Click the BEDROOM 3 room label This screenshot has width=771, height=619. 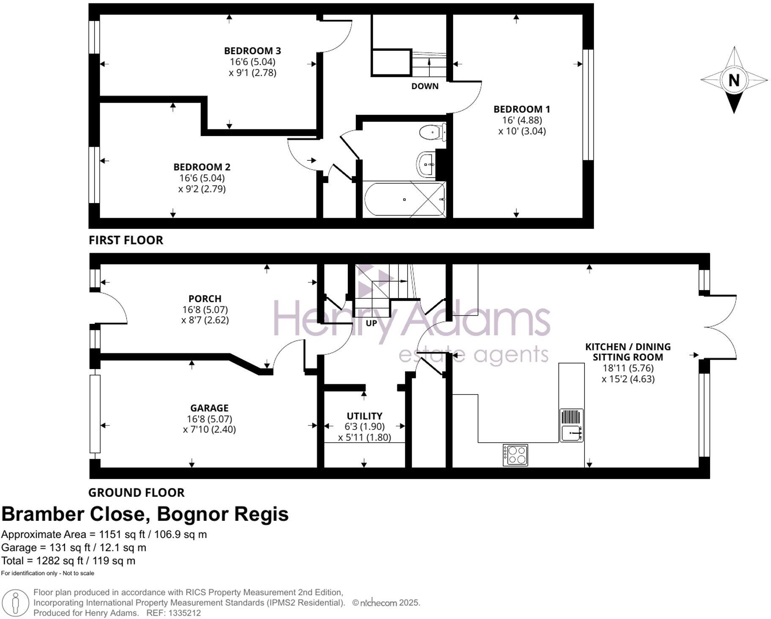[x=252, y=51]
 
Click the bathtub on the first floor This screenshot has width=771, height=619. [x=404, y=199]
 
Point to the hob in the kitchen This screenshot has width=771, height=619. [x=515, y=455]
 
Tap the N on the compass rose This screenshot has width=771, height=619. [x=734, y=80]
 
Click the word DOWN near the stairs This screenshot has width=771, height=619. [x=425, y=86]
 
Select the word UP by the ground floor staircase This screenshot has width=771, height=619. [x=371, y=323]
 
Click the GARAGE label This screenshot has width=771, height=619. [x=209, y=408]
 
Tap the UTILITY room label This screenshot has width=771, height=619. [x=364, y=416]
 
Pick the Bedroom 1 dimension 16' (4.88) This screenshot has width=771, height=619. [x=522, y=120]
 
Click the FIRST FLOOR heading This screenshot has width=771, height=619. [x=126, y=240]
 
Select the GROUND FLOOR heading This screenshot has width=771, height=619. [x=136, y=493]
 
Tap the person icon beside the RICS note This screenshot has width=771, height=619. [x=16, y=603]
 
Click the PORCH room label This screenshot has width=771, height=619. [x=205, y=299]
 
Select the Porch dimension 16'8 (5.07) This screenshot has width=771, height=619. [x=205, y=309]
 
